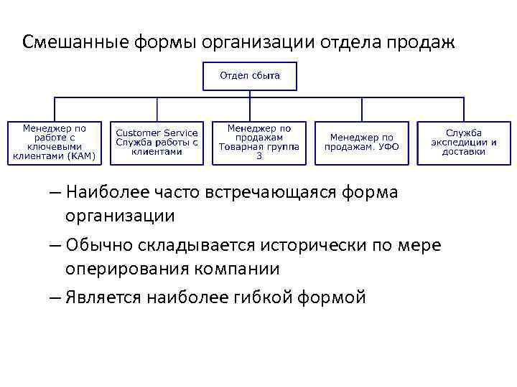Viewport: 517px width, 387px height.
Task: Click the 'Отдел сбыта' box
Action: point(250,76)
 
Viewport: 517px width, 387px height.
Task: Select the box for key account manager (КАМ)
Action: point(54,143)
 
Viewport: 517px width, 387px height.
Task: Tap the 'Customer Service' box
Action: point(157,142)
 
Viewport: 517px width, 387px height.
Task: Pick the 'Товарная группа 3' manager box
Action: point(259,142)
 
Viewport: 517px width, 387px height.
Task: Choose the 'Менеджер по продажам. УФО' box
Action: point(362,142)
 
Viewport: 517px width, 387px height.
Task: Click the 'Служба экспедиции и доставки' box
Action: point(464,142)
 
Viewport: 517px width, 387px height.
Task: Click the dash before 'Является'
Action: point(55,297)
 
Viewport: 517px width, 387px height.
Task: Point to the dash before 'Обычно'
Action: point(55,245)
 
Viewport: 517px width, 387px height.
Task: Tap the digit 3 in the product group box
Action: point(259,156)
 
